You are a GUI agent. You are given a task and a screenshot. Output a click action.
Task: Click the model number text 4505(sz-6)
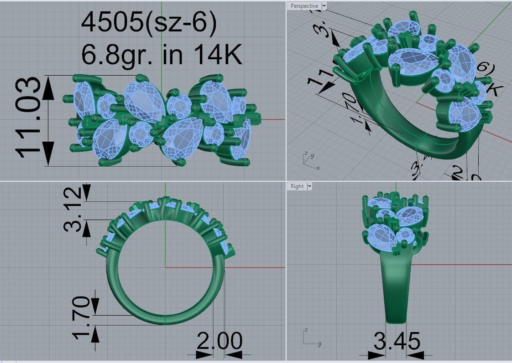click(x=149, y=23)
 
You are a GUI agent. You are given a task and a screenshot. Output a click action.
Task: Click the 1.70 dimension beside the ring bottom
click(x=82, y=317)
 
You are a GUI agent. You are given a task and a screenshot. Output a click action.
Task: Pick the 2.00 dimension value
click(x=219, y=342)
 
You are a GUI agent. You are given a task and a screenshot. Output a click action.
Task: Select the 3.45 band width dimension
click(x=397, y=342)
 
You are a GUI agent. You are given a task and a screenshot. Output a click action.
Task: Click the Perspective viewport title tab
click(x=304, y=6)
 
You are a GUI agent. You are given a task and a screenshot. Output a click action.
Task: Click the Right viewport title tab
click(x=297, y=186)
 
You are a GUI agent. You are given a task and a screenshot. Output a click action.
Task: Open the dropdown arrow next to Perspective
click(x=324, y=6)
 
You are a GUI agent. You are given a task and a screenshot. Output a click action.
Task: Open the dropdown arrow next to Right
click(x=309, y=186)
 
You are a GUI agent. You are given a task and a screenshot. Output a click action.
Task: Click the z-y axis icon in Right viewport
click(x=310, y=337)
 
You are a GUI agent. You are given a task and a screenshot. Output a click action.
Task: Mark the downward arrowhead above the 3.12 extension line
click(x=86, y=191)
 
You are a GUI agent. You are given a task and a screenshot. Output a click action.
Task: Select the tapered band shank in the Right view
click(x=396, y=287)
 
